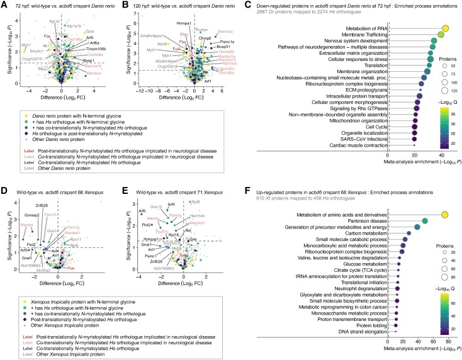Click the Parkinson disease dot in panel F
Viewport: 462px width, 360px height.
click(424, 220)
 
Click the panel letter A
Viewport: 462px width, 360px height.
click(4, 4)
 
